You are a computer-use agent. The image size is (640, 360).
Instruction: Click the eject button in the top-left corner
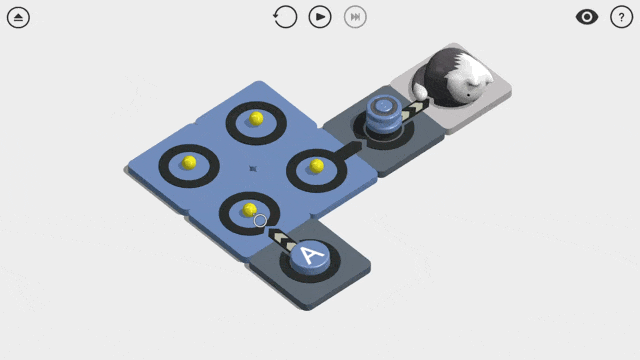[18, 18]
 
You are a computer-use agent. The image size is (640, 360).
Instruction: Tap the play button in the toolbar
[320, 17]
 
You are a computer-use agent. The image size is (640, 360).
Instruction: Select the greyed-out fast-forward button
[355, 17]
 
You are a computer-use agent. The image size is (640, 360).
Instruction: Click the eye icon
[587, 17]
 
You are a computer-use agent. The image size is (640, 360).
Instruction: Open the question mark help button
[622, 17]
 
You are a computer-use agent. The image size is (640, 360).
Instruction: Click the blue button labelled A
[310, 257]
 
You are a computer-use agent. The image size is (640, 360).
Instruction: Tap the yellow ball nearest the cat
[317, 166]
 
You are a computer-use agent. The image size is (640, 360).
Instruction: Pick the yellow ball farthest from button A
[256, 118]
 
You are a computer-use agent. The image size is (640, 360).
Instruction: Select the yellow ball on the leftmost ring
[189, 162]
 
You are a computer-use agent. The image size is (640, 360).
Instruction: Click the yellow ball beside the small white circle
[249, 210]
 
